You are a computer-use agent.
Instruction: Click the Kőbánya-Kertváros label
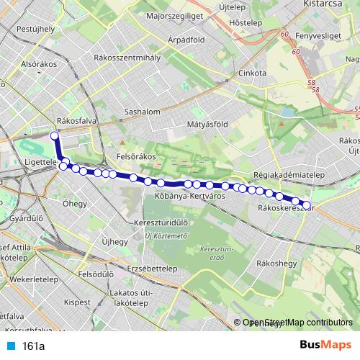point(190,195)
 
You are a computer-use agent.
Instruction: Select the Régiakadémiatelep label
point(291,175)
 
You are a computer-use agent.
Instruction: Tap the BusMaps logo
point(325,346)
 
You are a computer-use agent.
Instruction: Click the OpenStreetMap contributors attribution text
point(297,323)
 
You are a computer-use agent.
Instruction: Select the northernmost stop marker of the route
point(54,135)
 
